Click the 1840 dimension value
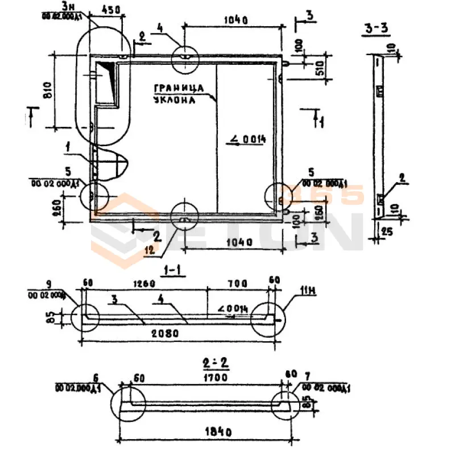click(217, 432)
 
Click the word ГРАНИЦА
click(178, 88)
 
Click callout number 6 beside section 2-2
click(96, 377)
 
